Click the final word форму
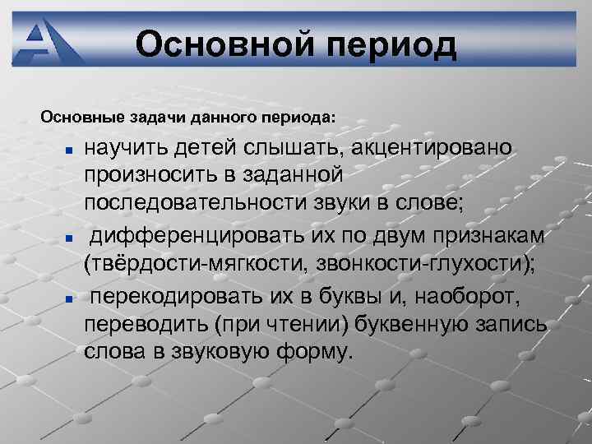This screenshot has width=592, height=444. click(314, 353)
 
